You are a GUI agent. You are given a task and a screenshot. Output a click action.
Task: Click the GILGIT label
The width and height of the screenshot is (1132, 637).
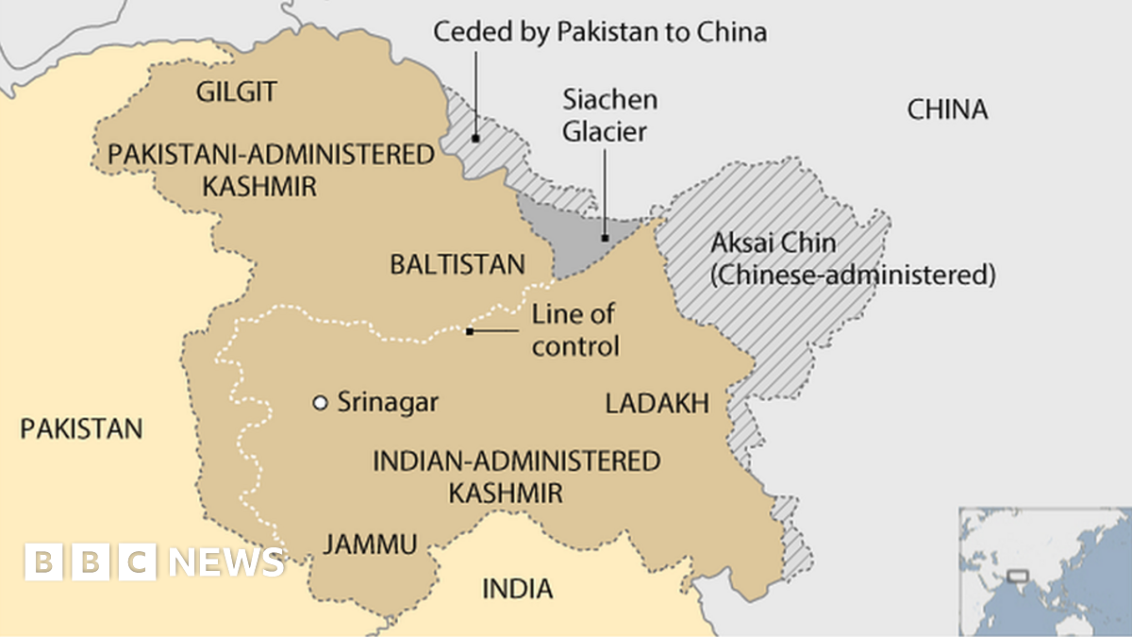(x=236, y=92)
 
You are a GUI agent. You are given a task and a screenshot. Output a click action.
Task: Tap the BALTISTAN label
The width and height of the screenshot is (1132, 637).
(x=458, y=264)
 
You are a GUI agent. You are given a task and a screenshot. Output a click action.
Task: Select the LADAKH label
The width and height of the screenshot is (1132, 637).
(x=657, y=404)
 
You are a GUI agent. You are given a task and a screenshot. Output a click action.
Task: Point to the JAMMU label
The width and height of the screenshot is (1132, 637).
(x=370, y=545)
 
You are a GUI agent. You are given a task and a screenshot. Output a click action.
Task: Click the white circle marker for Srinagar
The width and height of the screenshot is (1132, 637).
(x=320, y=403)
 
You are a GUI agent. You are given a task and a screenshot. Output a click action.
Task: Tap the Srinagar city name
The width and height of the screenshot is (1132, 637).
(x=388, y=403)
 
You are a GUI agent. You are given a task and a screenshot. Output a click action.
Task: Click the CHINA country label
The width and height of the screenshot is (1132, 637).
(x=947, y=110)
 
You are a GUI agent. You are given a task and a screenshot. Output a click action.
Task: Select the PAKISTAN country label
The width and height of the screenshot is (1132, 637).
(x=81, y=428)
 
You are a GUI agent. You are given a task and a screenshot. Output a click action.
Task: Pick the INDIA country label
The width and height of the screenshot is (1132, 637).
(x=517, y=589)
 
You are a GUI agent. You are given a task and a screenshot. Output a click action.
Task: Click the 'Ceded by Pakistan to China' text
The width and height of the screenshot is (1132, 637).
(x=599, y=32)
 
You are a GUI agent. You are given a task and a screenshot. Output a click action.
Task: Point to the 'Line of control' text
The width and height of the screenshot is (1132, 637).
(x=575, y=330)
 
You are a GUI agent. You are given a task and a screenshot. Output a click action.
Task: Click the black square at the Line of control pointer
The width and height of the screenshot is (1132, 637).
(x=470, y=331)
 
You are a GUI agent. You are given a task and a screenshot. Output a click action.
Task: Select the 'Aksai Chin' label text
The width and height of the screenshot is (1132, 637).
(x=773, y=243)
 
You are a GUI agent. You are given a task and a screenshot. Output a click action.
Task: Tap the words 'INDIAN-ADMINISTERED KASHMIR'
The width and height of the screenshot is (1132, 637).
(x=516, y=477)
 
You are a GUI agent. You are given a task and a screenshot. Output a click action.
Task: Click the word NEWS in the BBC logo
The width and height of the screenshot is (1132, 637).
(x=226, y=562)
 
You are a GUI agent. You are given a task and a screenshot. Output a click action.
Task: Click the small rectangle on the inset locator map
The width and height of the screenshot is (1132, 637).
(x=1016, y=576)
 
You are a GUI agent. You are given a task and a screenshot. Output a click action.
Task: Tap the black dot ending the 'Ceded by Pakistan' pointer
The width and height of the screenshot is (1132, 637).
(x=476, y=138)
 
